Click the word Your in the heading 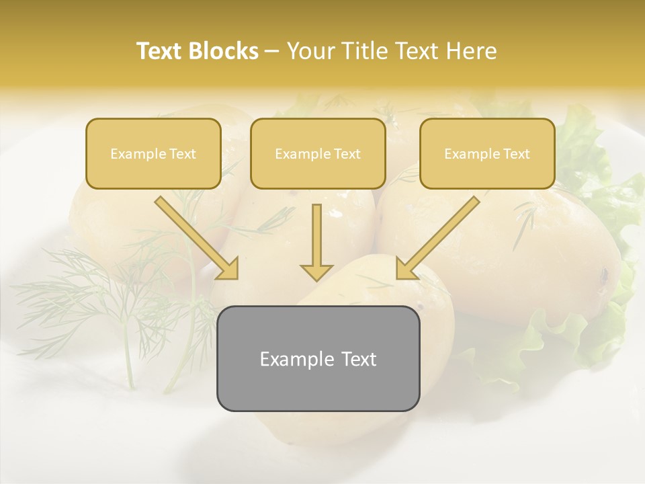click(x=308, y=51)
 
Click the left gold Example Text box click(x=153, y=153)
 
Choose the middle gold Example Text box click(x=318, y=153)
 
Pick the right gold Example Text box click(x=487, y=153)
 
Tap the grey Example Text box click(x=318, y=358)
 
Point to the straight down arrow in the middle click(x=316, y=239)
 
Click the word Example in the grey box click(x=295, y=359)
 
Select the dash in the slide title click(x=272, y=51)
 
